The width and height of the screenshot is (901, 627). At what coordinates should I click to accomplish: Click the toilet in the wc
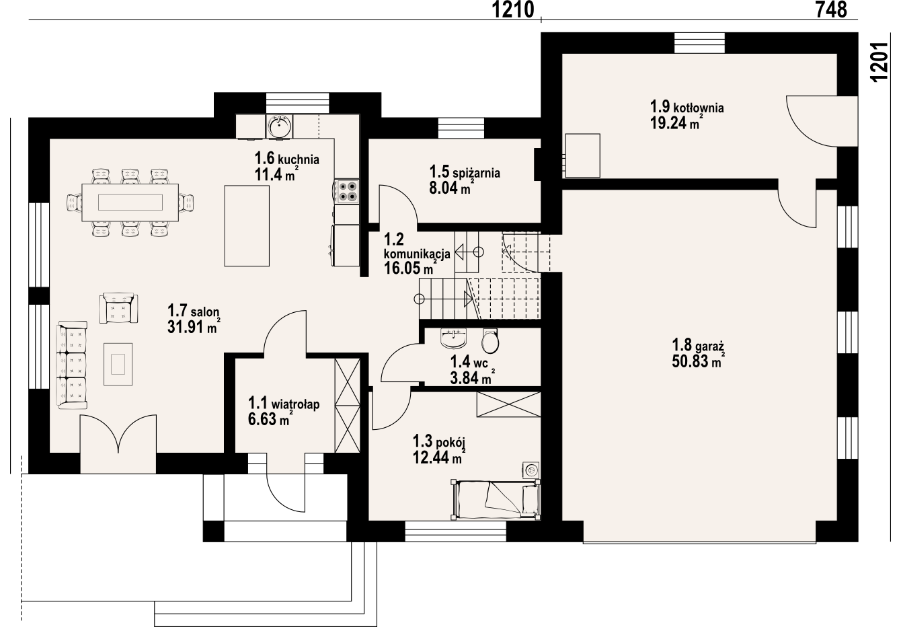click(x=490, y=340)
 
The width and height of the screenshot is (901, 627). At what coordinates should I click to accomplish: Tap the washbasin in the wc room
click(x=454, y=338)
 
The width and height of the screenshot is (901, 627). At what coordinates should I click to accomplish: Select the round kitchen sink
click(x=279, y=126)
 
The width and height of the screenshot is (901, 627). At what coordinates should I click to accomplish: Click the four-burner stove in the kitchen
click(x=346, y=192)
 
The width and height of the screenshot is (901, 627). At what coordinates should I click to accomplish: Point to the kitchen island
click(x=247, y=226)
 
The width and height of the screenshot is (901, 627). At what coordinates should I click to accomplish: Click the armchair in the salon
click(x=118, y=308)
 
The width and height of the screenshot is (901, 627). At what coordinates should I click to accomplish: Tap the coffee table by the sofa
click(x=118, y=364)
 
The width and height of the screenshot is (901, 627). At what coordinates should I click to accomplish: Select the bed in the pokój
click(x=496, y=500)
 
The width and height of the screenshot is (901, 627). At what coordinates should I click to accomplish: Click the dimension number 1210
click(x=513, y=9)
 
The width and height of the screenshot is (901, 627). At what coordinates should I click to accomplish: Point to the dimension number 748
click(x=831, y=9)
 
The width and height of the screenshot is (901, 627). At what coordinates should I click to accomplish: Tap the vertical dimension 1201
click(x=879, y=62)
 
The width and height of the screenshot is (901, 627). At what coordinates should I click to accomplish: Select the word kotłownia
click(x=699, y=108)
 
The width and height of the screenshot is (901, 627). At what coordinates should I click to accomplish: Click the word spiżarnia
click(x=476, y=174)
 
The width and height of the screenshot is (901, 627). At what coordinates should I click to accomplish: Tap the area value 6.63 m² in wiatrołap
click(x=270, y=419)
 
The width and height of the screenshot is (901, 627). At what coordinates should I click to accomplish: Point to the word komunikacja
click(x=417, y=254)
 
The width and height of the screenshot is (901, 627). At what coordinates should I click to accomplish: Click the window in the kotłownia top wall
click(x=699, y=43)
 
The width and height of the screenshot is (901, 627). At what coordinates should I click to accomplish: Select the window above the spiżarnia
click(x=461, y=128)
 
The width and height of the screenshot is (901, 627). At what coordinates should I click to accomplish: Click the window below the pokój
click(x=455, y=531)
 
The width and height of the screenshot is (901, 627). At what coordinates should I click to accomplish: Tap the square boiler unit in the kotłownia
click(x=582, y=156)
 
